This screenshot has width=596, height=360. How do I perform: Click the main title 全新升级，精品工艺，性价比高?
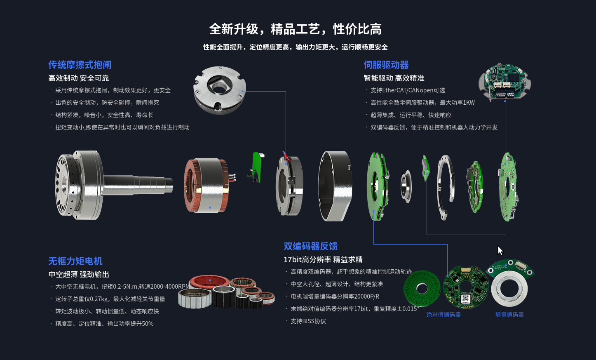[295, 29]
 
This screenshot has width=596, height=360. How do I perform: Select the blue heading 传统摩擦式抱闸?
[80, 65]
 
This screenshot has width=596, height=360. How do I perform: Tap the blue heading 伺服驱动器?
[386, 65]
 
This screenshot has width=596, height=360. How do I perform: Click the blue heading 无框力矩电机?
[75, 261]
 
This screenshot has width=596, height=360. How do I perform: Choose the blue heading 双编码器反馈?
[310, 246]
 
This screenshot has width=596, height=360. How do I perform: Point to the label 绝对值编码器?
[443, 315]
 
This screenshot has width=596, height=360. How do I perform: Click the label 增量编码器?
[509, 315]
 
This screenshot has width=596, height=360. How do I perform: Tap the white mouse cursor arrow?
[500, 250]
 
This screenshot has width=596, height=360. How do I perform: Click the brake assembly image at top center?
[219, 89]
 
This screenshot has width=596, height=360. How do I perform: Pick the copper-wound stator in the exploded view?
[206, 185]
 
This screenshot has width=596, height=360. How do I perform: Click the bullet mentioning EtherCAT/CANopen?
[408, 90]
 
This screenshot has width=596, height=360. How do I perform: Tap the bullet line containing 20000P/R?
[335, 296]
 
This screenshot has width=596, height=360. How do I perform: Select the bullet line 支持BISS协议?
[308, 321]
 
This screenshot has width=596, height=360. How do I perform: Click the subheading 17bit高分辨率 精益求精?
[323, 259]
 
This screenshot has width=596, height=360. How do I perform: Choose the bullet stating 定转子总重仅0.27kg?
[110, 299]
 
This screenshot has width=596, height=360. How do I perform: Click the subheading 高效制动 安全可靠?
[78, 78]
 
